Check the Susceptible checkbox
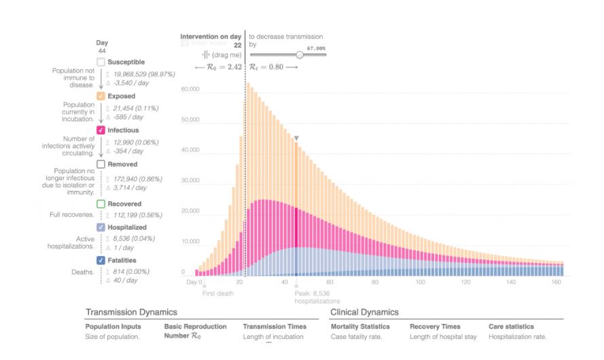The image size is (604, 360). point(101,62)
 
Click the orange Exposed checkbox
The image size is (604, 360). point(101,96)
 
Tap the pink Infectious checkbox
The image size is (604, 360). point(101,130)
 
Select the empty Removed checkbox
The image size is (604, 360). point(101,164)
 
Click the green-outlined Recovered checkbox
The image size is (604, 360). point(101,204)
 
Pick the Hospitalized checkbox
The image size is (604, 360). point(101,227)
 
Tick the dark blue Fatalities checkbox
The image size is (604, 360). point(101,260)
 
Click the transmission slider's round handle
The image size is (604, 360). point(300,54)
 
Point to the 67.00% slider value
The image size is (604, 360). point(316,48)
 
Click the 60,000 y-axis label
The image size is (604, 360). point(190,89)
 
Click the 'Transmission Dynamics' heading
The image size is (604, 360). point(131,312)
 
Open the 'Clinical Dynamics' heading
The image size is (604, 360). point(364,312)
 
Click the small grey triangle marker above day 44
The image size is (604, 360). point(296,138)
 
